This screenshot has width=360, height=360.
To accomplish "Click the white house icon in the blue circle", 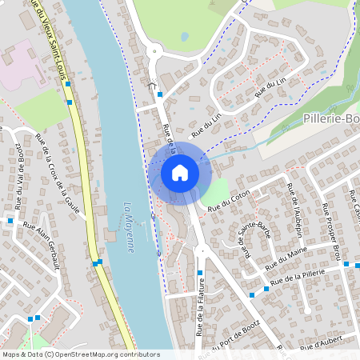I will [180, 172].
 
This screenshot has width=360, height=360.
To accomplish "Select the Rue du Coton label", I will [230, 201].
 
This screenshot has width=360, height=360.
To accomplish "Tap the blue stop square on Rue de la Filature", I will [199, 273].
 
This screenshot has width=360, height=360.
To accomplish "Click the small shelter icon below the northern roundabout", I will [152, 84].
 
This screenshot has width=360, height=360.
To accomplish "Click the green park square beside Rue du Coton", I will [214, 191].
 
